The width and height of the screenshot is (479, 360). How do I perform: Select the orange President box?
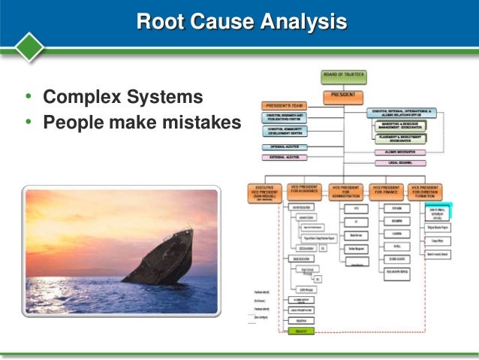coord(342,96)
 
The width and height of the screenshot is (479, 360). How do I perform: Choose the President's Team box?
coord(284,106)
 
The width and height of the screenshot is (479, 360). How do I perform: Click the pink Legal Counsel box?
coord(400,162)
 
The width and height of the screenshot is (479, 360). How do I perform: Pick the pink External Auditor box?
coord(284,157)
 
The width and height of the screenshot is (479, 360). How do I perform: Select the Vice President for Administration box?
coord(345,192)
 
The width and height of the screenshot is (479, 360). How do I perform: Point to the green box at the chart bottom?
coord(300,329)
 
